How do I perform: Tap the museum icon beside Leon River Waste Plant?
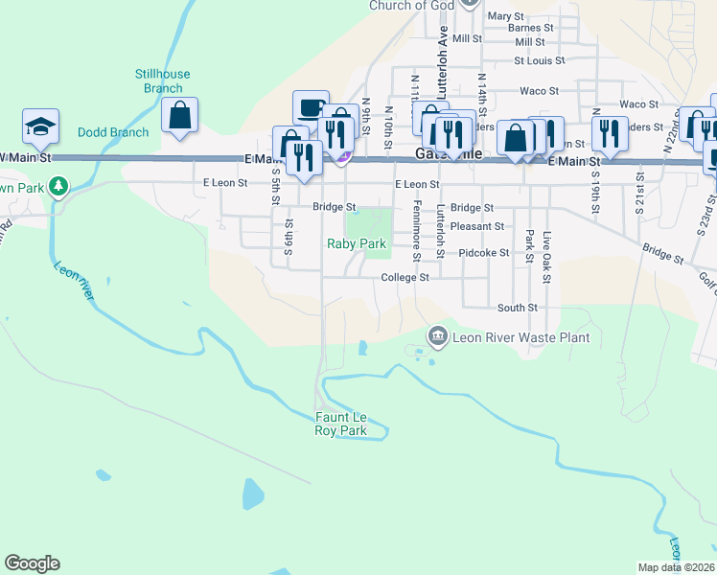438,335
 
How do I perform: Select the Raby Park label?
357,244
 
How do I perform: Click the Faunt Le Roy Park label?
341,424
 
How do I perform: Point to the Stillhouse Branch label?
163,80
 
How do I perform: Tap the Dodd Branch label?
113,132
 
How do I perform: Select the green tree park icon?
58,184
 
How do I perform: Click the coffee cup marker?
311,108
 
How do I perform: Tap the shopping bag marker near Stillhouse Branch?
179,115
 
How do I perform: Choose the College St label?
405,277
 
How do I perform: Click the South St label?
517,308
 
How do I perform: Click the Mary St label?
506,16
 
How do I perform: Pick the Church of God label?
411,6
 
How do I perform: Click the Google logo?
32,563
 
